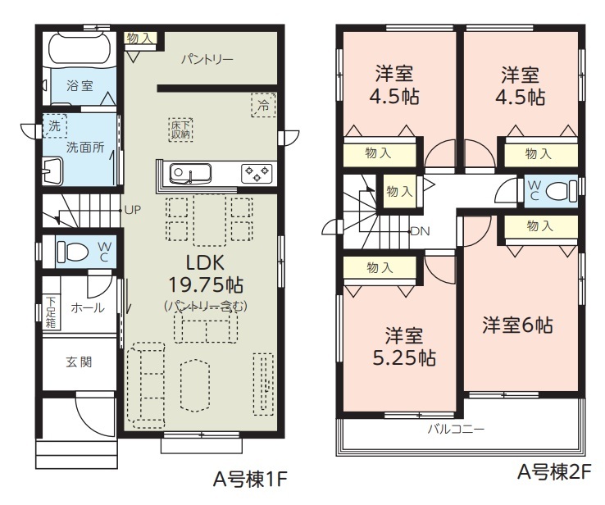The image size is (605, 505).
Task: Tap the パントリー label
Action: tap(207, 60)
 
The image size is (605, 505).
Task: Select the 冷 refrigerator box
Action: tap(263, 105)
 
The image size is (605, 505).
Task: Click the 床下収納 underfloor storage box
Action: tap(180, 130)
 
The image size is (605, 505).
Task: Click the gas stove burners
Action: tap(257, 173)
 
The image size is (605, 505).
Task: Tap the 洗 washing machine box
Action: tap(54, 125)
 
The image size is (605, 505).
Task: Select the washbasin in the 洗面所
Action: tap(52, 171)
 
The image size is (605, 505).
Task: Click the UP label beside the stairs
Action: tap(133, 210)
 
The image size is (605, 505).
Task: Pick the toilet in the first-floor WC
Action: tap(72, 252)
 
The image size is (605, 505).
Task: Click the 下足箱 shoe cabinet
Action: tap(51, 312)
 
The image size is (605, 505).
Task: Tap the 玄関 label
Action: tap(79, 362)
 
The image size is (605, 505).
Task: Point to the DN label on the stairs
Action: tap(421, 231)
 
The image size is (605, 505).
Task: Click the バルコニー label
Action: tap(456, 429)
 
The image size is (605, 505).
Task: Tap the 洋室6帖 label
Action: tap(517, 325)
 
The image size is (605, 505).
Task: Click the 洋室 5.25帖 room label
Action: tap(404, 347)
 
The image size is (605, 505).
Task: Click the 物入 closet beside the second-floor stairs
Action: tap(400, 192)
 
